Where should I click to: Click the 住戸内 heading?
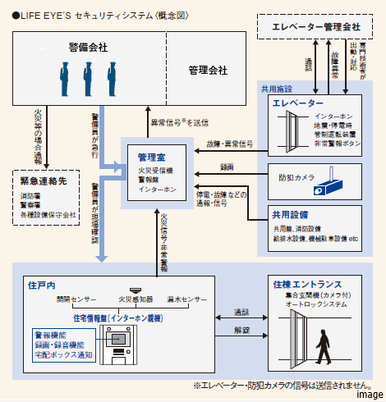pyautogui.click(x=42, y=284)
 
